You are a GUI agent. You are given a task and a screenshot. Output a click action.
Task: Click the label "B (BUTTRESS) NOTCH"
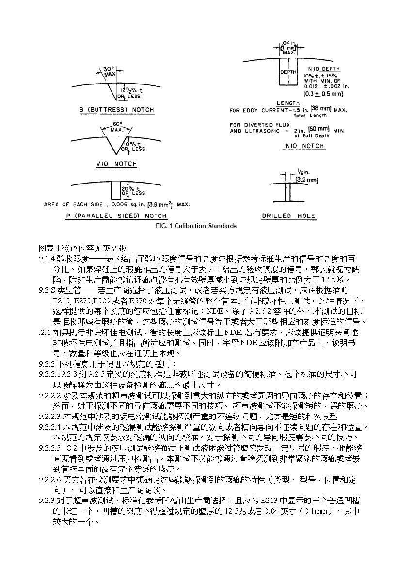116,110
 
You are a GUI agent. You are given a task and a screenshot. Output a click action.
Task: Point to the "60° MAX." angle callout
117,127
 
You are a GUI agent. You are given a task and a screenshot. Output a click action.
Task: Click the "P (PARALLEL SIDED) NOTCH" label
116,216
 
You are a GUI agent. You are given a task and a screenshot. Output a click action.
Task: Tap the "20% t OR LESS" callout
132,190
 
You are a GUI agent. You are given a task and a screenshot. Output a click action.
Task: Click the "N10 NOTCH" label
305,146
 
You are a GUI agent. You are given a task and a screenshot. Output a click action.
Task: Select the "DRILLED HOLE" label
289,216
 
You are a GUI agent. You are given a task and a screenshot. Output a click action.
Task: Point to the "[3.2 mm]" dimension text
307,180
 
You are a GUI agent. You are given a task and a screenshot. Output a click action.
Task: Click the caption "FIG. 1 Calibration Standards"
196,226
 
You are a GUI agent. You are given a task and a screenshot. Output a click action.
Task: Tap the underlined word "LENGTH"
288,103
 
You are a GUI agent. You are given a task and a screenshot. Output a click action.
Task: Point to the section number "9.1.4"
47,260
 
